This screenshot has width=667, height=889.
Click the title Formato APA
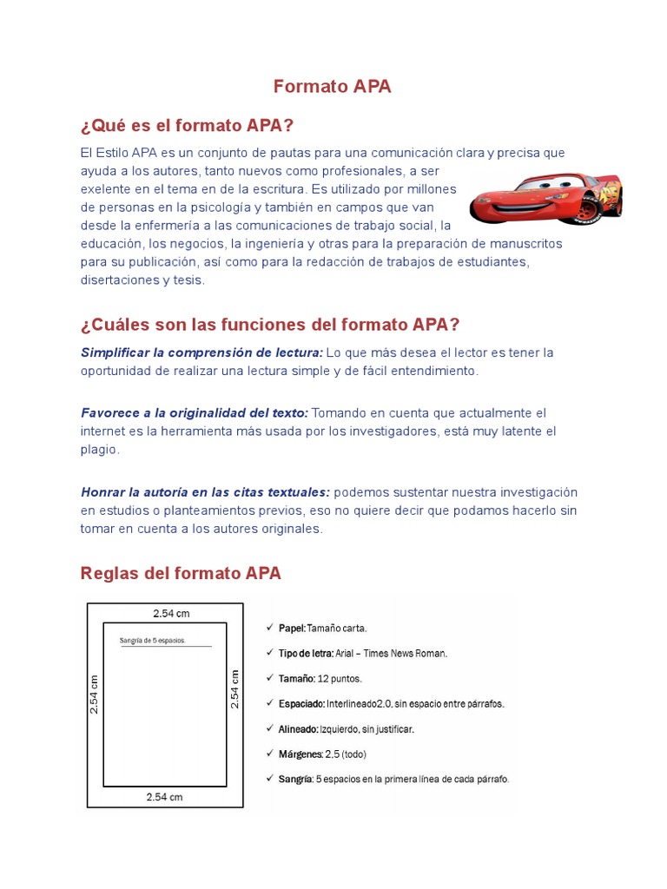[333, 86]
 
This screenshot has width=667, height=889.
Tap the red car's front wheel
[592, 209]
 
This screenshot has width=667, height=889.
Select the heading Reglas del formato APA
[181, 573]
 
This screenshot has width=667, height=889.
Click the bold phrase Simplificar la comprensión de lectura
[201, 352]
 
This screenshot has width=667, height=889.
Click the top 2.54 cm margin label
[171, 614]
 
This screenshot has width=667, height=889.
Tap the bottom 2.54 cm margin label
[164, 797]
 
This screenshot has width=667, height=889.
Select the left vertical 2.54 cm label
[95, 694]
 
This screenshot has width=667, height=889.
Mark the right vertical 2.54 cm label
[234, 688]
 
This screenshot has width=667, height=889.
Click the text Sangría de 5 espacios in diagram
[152, 641]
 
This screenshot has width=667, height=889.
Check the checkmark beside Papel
[269, 627]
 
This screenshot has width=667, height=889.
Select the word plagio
[99, 450]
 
